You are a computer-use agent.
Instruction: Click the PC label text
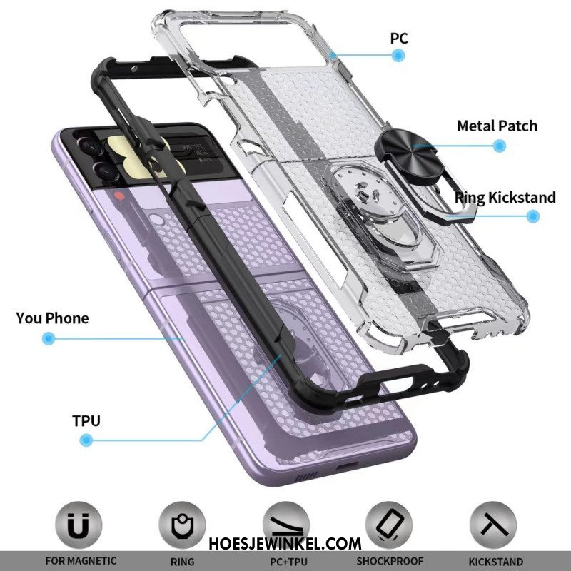point(399,39)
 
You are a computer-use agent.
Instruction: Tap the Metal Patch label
point(497,126)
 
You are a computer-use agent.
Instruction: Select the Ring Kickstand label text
point(505,198)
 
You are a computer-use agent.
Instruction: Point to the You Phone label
point(52,318)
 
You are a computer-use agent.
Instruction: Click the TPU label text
point(86,421)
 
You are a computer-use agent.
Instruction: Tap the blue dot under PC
point(398,56)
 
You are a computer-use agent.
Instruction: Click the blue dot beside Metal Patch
point(500,146)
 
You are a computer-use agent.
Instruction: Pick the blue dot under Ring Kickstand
point(532,216)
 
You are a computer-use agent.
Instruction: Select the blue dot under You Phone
point(49,338)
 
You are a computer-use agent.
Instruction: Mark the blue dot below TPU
point(86,440)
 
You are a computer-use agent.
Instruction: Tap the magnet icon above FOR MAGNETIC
point(79,525)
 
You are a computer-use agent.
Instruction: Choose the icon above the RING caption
point(182,525)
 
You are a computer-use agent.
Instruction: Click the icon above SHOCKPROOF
point(389,525)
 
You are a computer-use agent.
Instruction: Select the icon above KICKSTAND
point(493,525)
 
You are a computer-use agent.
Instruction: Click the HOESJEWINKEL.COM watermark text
point(285,544)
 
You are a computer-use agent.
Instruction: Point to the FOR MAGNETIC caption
point(81,561)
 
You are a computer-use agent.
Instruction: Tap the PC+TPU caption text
point(288,562)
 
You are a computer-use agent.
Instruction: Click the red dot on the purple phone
point(119,196)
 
